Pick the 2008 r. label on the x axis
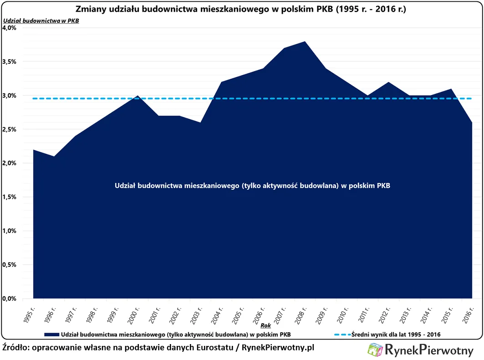301,312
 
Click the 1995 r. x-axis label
30,312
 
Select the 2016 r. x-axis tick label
468,312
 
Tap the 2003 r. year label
197,312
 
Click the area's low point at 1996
54,157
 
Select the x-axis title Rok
265,326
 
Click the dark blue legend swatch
51,335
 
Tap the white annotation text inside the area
253,186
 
